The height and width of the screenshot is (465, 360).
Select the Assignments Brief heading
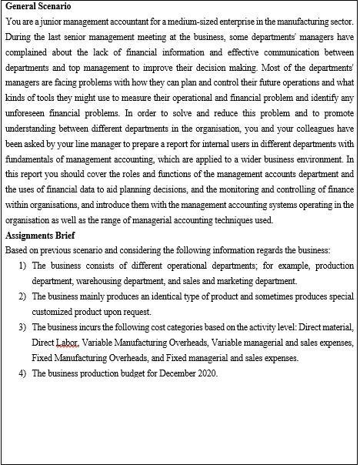[40, 236]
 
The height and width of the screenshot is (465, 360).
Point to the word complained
[26, 52]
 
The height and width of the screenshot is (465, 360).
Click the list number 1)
[22, 266]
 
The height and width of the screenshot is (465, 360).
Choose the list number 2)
[22, 296]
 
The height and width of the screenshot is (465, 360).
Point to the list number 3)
[22, 327]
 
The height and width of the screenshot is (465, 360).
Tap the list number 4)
[22, 373]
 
